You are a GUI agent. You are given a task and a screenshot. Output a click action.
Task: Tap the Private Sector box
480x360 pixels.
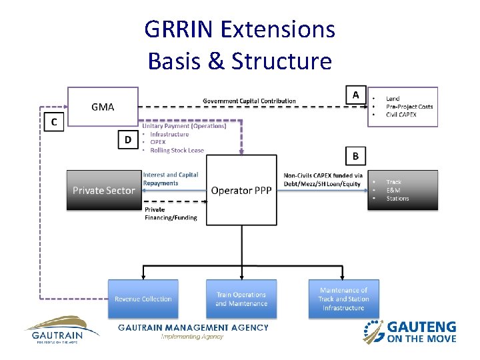pos(103,190)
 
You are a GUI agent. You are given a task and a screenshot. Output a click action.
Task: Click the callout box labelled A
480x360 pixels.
pos(355,95)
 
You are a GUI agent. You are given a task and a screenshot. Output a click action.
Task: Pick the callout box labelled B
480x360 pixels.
pos(355,157)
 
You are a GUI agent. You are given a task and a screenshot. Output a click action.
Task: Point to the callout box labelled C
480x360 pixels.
pos(54,122)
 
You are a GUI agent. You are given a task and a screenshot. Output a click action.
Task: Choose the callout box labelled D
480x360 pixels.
pos(127,139)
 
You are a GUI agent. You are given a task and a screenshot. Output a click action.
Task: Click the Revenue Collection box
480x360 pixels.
pos(143,299)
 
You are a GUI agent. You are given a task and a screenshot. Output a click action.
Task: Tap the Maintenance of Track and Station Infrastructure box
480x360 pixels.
pos(343,299)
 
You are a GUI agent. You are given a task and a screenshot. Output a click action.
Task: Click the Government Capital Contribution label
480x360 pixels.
pos(249,101)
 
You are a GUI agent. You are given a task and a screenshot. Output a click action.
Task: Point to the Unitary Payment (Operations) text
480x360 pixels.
pos(184,126)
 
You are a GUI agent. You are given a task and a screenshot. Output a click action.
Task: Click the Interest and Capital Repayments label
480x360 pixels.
pos(171,178)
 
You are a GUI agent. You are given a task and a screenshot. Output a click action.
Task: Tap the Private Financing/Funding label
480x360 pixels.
pos(171,213)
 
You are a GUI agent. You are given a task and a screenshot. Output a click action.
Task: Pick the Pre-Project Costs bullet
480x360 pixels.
pos(409,107)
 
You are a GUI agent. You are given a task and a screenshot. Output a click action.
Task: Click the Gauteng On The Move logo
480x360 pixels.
pos(410,331)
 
